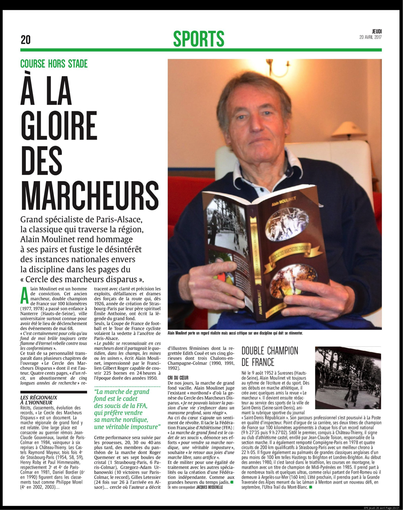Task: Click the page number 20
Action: (x=26, y=40)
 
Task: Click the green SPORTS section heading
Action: (x=198, y=39)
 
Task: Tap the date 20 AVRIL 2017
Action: (x=370, y=37)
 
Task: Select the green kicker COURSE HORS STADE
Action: (x=54, y=64)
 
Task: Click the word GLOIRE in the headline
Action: (x=59, y=126)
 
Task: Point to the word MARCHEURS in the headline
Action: (x=90, y=196)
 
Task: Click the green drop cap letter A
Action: (x=24, y=296)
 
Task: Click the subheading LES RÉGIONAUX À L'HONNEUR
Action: (x=39, y=400)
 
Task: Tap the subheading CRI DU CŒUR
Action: (x=178, y=378)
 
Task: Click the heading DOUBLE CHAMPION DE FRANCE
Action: (x=270, y=356)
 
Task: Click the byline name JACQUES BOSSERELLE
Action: (x=209, y=487)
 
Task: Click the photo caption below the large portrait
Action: (x=235, y=333)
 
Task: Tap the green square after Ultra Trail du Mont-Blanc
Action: (x=311, y=487)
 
